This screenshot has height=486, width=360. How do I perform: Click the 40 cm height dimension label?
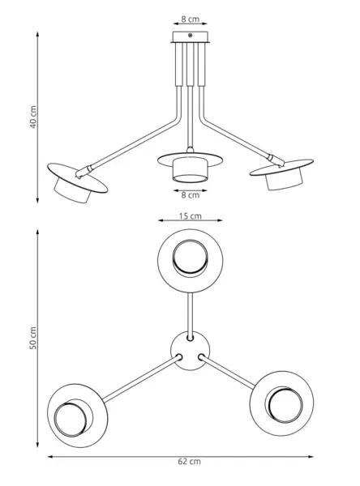pos(33,117)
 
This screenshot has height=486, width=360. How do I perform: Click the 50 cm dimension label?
pos(33,338)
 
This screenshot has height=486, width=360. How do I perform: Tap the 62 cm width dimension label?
pos(189,462)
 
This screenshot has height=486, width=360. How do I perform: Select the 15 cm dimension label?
pos(191,215)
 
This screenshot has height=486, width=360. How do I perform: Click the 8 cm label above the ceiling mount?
pos(191,19)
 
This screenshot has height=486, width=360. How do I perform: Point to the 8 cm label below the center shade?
pos(191,195)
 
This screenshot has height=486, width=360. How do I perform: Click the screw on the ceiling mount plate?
pos(191,36)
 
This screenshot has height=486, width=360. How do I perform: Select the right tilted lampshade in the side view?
pos(282,174)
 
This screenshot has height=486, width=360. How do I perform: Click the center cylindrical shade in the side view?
pos(190,169)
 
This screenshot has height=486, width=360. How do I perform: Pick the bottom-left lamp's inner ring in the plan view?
pos(71,420)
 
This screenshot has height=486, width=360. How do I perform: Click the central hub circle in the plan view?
pos(191,351)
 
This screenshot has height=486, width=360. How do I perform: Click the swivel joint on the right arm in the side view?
pos(276,160)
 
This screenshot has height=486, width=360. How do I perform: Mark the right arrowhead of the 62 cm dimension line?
pos(311,457)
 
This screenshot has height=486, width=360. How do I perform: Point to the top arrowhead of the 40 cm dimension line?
pos(37,34)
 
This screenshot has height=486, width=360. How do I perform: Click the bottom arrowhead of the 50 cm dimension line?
pos(37,445)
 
